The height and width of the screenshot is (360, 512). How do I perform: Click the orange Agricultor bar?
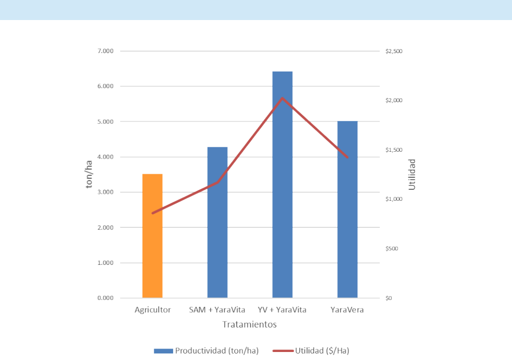coord(153,236)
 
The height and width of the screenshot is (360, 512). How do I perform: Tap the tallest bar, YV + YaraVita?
coord(282,185)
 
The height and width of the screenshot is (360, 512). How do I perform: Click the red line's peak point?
coord(282,98)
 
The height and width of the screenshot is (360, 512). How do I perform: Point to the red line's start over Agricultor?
coord(153,213)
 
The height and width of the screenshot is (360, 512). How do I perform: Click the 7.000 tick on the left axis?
coord(105,51)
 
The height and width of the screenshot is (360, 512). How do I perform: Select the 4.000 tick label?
coord(105,157)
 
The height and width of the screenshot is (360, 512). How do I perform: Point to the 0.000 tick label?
coord(105,298)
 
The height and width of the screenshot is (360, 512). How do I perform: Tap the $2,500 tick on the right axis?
coord(394,52)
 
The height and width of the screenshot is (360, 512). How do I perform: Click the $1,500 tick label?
coord(394,150)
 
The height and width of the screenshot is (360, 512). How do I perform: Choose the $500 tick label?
coord(392,249)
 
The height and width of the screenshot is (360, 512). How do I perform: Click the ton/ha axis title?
coord(90,175)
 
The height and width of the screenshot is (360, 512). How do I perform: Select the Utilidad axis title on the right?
coord(412,175)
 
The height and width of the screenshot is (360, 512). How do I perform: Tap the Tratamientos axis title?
coord(249,324)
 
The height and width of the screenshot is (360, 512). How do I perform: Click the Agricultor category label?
coord(153,310)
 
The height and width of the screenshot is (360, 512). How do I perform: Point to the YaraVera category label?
coord(347,310)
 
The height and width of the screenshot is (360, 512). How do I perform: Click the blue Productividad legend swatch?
coord(163,350)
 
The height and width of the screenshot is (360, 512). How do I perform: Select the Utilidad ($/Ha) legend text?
coord(322,350)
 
